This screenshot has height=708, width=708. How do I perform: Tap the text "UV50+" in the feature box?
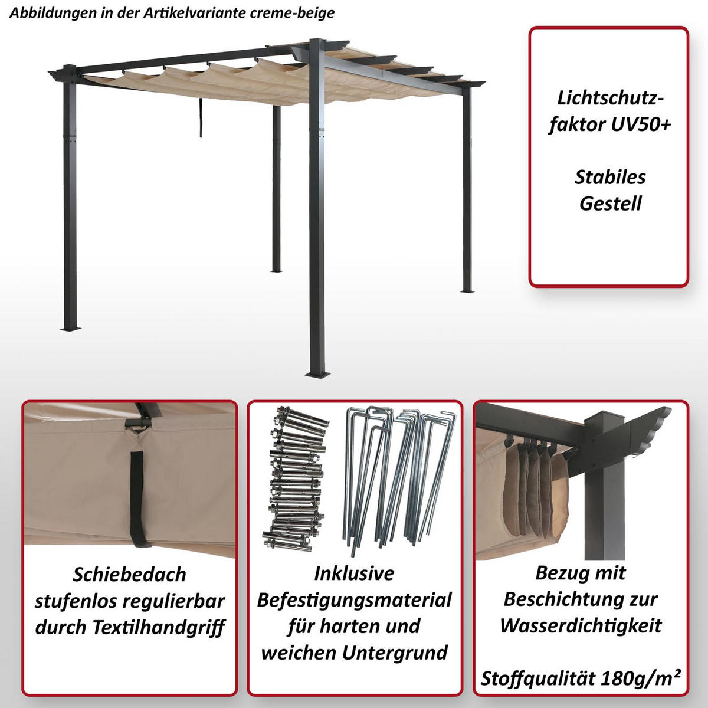(x=641, y=124)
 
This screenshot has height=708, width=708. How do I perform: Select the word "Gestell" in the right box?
(x=610, y=204)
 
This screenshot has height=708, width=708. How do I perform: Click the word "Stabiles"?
(x=610, y=177)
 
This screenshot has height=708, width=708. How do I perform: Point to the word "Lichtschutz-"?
(x=606, y=98)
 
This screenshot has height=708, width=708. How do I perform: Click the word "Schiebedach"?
(x=129, y=574)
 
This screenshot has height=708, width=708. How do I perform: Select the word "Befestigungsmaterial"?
(x=355, y=600)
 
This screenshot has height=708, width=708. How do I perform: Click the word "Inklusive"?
(x=354, y=573)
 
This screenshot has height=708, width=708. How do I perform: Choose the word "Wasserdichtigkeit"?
(x=581, y=626)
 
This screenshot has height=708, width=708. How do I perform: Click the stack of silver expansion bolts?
(x=295, y=478)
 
